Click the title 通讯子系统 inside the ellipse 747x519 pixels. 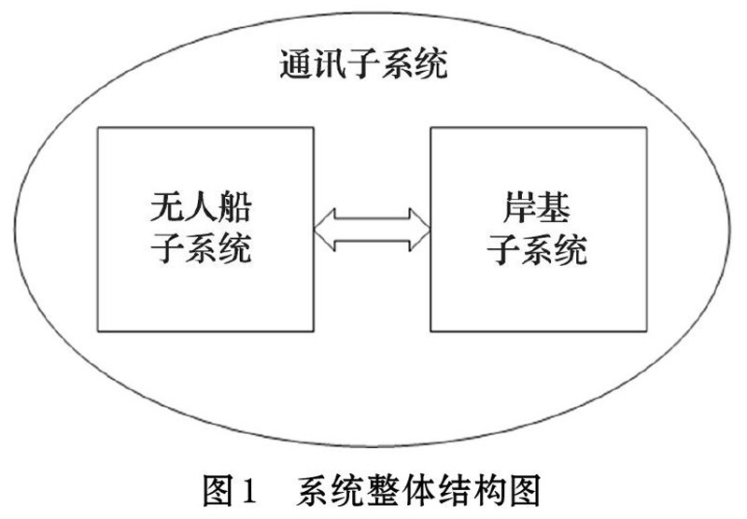click(x=364, y=66)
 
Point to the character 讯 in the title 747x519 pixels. click(x=331, y=66)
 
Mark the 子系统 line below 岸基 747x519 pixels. click(x=537, y=250)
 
